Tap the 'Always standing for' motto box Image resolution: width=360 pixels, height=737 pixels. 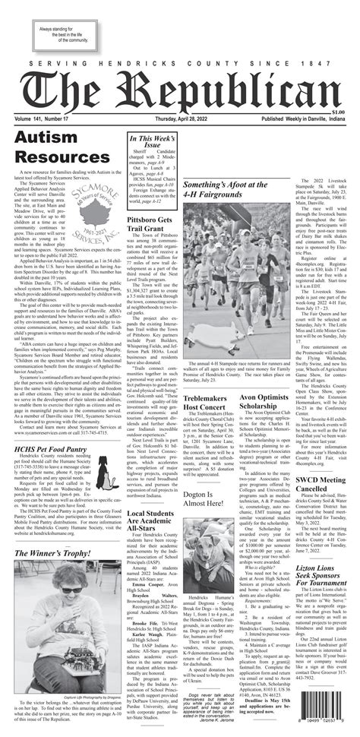62,33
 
